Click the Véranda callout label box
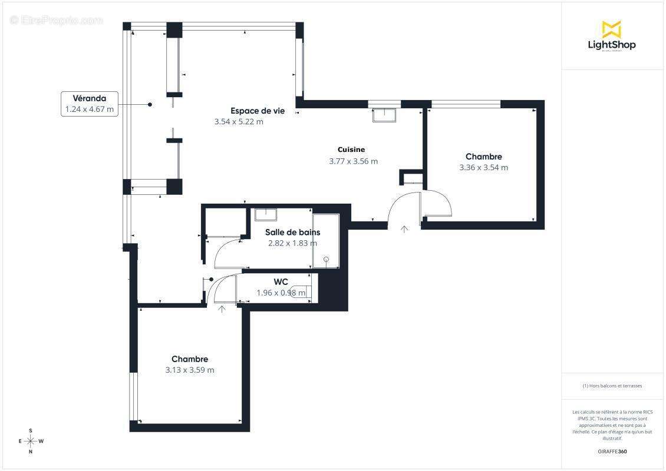pos(90,104)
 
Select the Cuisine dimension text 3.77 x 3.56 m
pos(353,161)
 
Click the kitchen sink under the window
pos(385,115)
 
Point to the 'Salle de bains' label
pos(292,232)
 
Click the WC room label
pos(281,281)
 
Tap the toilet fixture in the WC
pos(301,291)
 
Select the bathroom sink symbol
pos(266,214)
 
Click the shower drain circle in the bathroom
pos(327,258)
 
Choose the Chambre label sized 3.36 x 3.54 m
pos(483,157)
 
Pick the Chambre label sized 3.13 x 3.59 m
pos(189,359)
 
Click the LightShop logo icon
pos(611,29)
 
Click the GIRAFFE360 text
pos(611,452)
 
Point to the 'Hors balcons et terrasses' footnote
pos(612,386)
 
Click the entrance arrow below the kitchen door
pos(404,229)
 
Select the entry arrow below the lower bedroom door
pos(222,309)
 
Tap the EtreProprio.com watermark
pos(57,20)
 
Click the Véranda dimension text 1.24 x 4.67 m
pos(90,109)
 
